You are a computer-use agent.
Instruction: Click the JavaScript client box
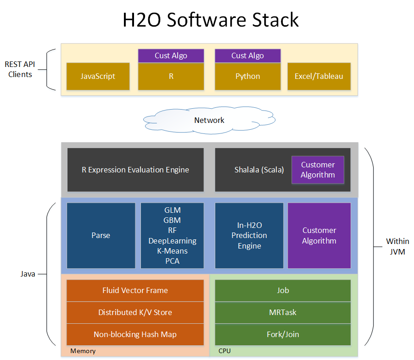[98, 76]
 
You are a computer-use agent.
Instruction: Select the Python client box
[248, 76]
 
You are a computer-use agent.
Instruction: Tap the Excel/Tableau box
[319, 76]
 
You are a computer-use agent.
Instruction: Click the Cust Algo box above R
[171, 55]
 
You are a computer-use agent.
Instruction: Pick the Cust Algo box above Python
[248, 55]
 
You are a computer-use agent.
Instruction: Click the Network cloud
[209, 120]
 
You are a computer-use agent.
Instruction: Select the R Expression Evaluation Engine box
[135, 170]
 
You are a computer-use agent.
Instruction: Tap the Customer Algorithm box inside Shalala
[318, 170]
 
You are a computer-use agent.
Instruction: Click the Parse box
[101, 235]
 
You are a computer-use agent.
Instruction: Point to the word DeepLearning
[172, 241]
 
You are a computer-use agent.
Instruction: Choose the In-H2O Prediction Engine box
[249, 235]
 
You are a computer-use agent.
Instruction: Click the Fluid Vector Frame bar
[135, 290]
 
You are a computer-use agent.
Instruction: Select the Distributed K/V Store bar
[135, 312]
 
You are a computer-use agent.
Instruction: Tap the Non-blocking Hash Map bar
[135, 334]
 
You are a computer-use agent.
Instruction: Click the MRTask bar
[283, 312]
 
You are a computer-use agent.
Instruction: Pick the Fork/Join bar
[283, 334]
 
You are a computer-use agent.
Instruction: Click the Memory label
[83, 351]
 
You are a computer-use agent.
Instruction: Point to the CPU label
[224, 351]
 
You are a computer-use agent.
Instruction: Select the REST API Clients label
[20, 69]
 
